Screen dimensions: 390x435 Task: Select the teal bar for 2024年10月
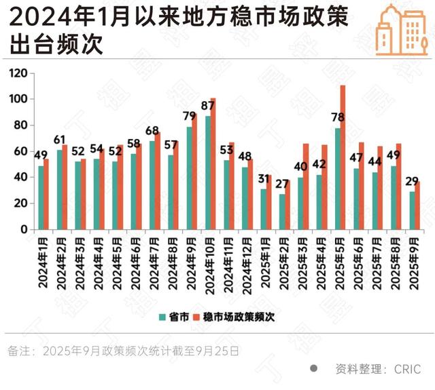(x=208, y=173)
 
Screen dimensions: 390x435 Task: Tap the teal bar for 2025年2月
(x=282, y=212)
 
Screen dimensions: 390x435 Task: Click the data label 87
(x=208, y=106)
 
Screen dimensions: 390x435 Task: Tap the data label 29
(x=411, y=181)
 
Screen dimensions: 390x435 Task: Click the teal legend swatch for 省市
(x=163, y=316)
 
